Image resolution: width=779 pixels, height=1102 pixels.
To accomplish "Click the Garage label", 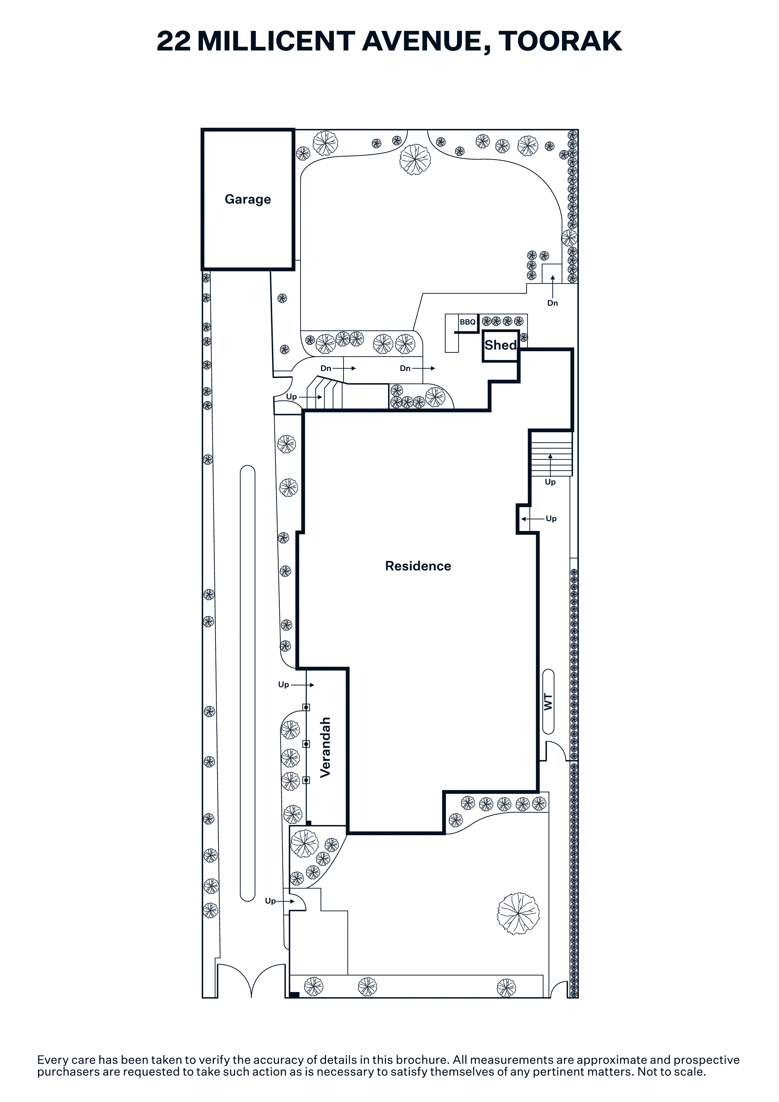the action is [248, 199].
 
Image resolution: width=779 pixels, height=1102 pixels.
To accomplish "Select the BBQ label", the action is [468, 322].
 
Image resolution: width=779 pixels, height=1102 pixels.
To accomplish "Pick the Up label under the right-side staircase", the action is [550, 482].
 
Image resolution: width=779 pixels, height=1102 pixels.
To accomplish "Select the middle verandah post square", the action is [306, 744].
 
